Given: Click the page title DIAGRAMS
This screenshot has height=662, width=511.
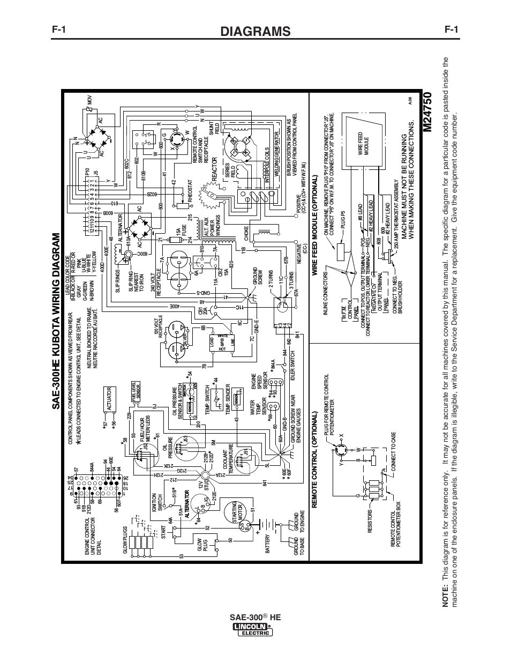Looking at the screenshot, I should [x=255, y=31].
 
